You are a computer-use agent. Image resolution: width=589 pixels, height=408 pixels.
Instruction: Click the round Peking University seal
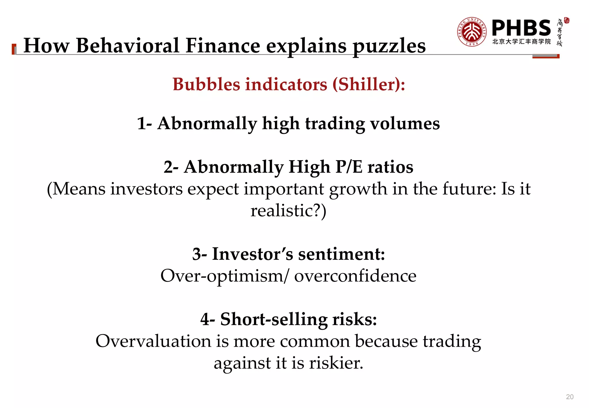pos(472,32)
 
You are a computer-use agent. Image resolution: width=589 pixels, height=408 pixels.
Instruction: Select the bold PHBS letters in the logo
pos(521,28)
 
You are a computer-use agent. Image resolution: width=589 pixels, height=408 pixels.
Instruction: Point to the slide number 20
pos(570,397)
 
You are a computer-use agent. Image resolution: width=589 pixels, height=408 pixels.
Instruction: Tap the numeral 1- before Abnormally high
pos(144,123)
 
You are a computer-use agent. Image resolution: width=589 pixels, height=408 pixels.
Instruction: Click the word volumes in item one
pos(405,123)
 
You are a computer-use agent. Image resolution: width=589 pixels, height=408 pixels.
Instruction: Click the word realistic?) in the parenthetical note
pos(288,211)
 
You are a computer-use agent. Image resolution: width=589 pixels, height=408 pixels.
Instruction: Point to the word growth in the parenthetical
pos(358,189)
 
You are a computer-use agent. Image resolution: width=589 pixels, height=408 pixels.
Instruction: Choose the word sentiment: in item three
pos(341,254)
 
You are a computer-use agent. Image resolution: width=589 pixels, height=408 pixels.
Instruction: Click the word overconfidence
pos(355,276)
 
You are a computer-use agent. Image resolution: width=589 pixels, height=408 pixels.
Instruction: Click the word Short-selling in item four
pos(274,319)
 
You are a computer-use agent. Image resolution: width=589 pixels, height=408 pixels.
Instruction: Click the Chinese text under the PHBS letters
pos(521,41)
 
